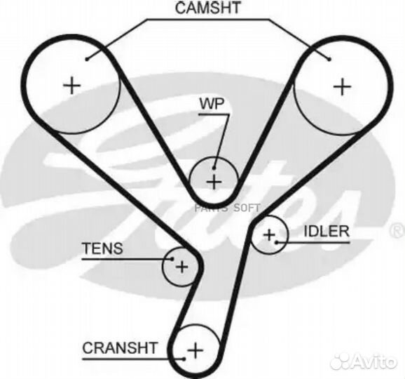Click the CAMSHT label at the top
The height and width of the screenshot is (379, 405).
point(208,8)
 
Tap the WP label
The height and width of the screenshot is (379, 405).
point(212,104)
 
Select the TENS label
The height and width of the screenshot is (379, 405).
point(102,248)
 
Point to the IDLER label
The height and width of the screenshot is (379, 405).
point(327,232)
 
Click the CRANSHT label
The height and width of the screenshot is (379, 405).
point(120,348)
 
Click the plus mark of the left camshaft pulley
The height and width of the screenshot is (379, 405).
point(71,85)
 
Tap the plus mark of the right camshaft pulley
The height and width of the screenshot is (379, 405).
point(343,86)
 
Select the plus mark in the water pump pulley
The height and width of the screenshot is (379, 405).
point(214,182)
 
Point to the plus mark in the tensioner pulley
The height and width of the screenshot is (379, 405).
point(182,267)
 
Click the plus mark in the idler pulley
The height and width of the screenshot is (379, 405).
point(269,235)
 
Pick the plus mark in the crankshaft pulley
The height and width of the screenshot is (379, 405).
point(195,350)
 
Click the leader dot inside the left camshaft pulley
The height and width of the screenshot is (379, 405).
point(87,60)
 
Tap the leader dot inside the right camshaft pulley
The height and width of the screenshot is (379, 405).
point(329,59)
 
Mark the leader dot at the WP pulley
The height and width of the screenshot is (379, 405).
point(214,168)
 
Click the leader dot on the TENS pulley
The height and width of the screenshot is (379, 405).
point(172,258)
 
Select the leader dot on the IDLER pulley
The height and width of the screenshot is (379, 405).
point(277,242)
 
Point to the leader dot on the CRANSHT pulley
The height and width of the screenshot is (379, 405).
point(184,359)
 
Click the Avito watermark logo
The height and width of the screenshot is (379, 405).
point(364,361)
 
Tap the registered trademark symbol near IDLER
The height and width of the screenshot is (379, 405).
point(398,231)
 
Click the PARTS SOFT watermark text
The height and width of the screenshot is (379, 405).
point(227,208)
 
